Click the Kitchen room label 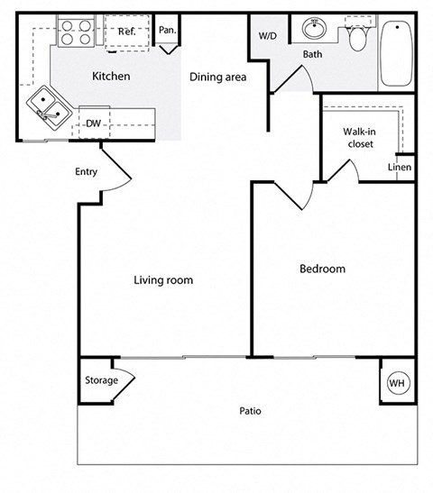(x=111, y=77)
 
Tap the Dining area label (x=217, y=77)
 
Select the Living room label (x=163, y=280)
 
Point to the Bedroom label (x=322, y=269)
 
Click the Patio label (x=250, y=411)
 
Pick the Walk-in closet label (x=358, y=136)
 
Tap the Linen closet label (x=400, y=168)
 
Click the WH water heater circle (x=396, y=383)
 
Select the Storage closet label (x=101, y=380)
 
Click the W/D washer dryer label (x=268, y=37)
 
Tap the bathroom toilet (x=358, y=37)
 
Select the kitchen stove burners (x=75, y=32)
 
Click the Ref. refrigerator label (x=126, y=32)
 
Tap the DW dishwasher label (x=93, y=123)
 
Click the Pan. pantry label (x=167, y=30)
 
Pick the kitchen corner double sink (x=47, y=105)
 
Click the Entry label (x=87, y=172)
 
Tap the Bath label (x=312, y=54)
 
